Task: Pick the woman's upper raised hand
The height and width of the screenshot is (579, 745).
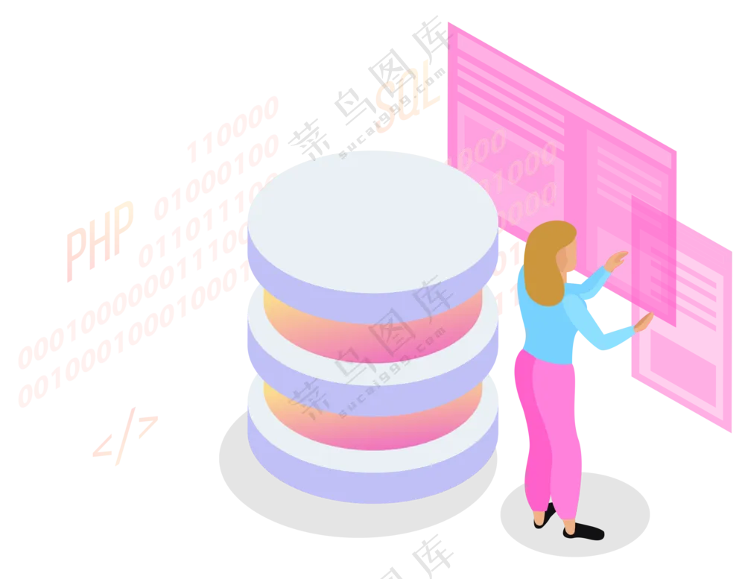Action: point(617,260)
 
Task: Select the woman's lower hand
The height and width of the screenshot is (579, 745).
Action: point(643,322)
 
